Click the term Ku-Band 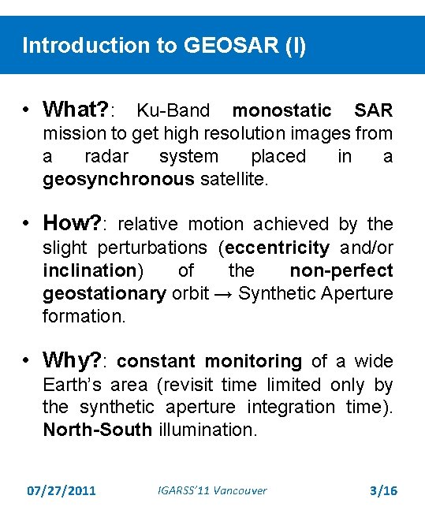[x=173, y=110]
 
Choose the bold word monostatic [x=281, y=110]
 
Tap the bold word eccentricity [x=277, y=248]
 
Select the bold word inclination [x=90, y=270]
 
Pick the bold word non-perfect [x=341, y=270]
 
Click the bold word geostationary [x=104, y=293]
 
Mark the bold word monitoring [x=253, y=362]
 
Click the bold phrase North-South [x=98, y=430]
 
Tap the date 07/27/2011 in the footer [x=61, y=490]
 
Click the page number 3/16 [x=384, y=490]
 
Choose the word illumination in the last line [x=207, y=430]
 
